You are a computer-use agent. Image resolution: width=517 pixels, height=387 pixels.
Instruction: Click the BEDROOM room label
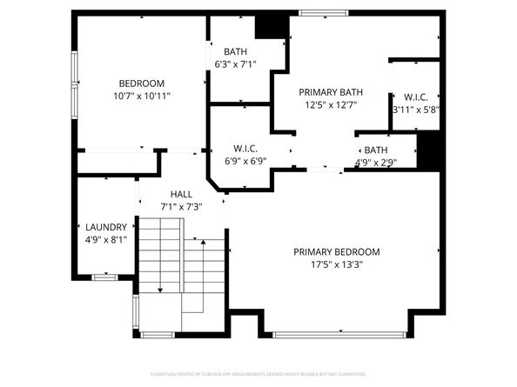[141, 83]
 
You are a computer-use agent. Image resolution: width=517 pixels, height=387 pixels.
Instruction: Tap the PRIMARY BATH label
[330, 92]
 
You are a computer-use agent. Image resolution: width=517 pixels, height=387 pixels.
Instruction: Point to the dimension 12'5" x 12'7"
[330, 104]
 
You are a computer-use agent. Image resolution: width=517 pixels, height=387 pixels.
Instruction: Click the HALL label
[181, 195]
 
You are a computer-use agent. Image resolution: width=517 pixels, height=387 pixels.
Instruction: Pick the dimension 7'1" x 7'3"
[181, 207]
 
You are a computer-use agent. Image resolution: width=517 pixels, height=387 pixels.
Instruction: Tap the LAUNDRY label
[105, 227]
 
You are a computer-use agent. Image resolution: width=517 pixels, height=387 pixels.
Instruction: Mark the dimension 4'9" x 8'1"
[105, 239]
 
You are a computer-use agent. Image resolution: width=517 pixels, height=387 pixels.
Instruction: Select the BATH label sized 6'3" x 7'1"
[235, 51]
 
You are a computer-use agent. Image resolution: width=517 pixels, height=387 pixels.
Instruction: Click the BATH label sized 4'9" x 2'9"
[376, 150]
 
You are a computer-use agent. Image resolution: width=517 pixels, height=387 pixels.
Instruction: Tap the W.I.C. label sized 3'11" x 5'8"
[413, 97]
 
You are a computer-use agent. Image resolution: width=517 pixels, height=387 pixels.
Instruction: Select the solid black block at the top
[276, 25]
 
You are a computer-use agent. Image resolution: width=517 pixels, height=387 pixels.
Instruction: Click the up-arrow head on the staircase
[202, 244]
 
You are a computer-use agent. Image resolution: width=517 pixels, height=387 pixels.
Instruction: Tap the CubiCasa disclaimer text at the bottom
[258, 374]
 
